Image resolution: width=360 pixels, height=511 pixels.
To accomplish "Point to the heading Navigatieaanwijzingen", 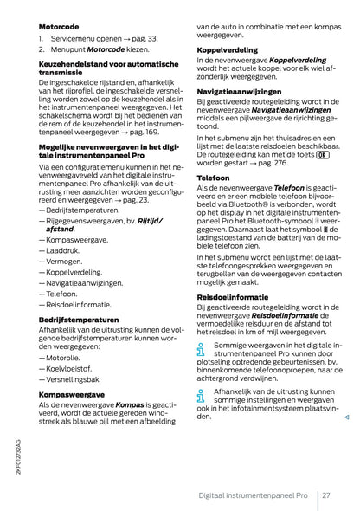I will click(x=241, y=89).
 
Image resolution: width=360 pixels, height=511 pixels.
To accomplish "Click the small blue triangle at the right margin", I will click(x=345, y=418).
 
